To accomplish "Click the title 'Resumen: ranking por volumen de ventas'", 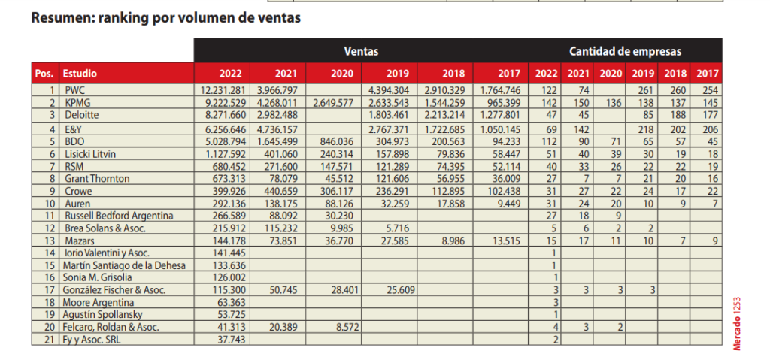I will pos(166,18).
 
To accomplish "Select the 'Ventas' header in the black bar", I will pos(361,51).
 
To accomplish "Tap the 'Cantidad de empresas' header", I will pos(625,51).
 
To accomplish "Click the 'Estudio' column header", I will pos(80,74).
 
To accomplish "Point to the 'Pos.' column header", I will pos(44,74).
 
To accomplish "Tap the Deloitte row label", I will pos(82,115).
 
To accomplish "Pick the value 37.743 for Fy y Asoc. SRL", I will pos(230,340).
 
